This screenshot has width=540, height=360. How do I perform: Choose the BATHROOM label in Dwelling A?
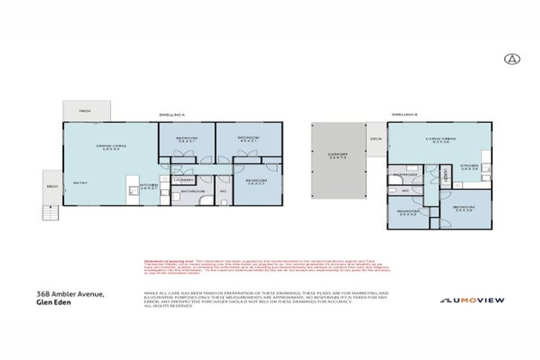(x=193, y=191)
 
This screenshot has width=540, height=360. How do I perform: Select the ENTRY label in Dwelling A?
(x=79, y=184)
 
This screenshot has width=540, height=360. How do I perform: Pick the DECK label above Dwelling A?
(x=86, y=111)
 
